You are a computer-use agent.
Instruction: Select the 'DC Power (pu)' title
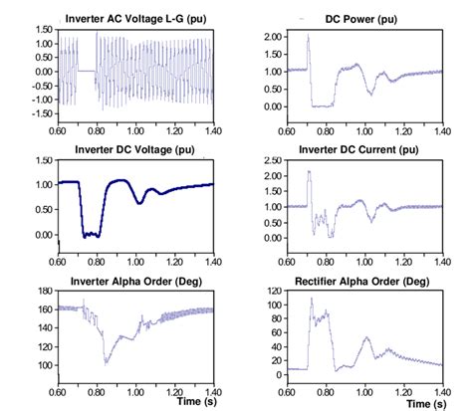(363, 19)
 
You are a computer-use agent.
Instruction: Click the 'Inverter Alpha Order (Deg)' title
(134, 280)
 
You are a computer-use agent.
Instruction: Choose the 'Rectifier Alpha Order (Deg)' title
(364, 280)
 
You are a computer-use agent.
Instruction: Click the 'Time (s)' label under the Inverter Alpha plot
(195, 403)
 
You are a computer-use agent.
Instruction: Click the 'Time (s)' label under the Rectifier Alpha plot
(425, 403)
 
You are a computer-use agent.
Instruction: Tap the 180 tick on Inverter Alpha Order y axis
(45, 291)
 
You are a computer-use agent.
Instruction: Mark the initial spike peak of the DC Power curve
(309, 36)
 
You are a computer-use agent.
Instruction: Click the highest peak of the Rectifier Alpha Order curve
(311, 299)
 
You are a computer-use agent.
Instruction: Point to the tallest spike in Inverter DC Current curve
(310, 172)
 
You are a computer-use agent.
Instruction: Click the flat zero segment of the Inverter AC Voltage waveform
(88, 71)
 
